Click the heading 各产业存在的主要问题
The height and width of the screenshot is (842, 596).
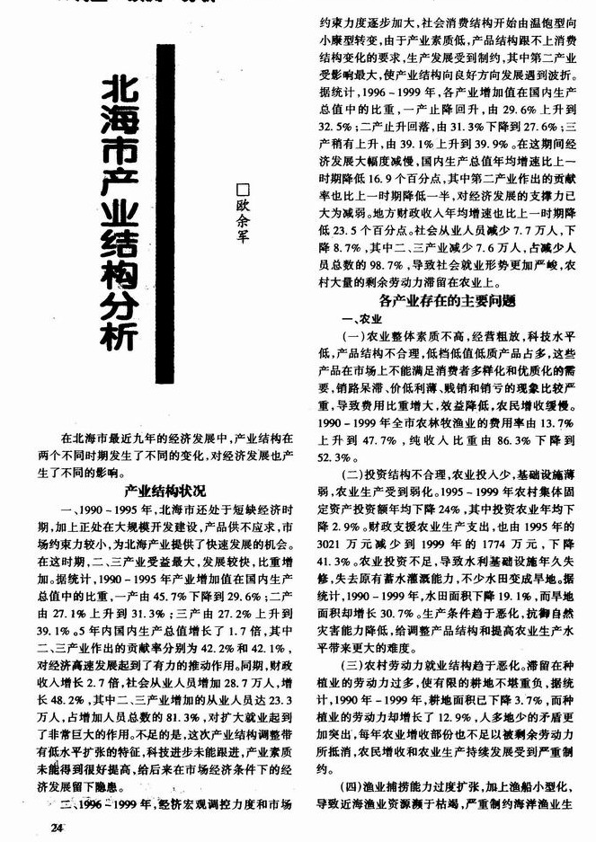tap(446, 300)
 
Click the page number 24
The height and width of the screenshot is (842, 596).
tap(58, 827)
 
